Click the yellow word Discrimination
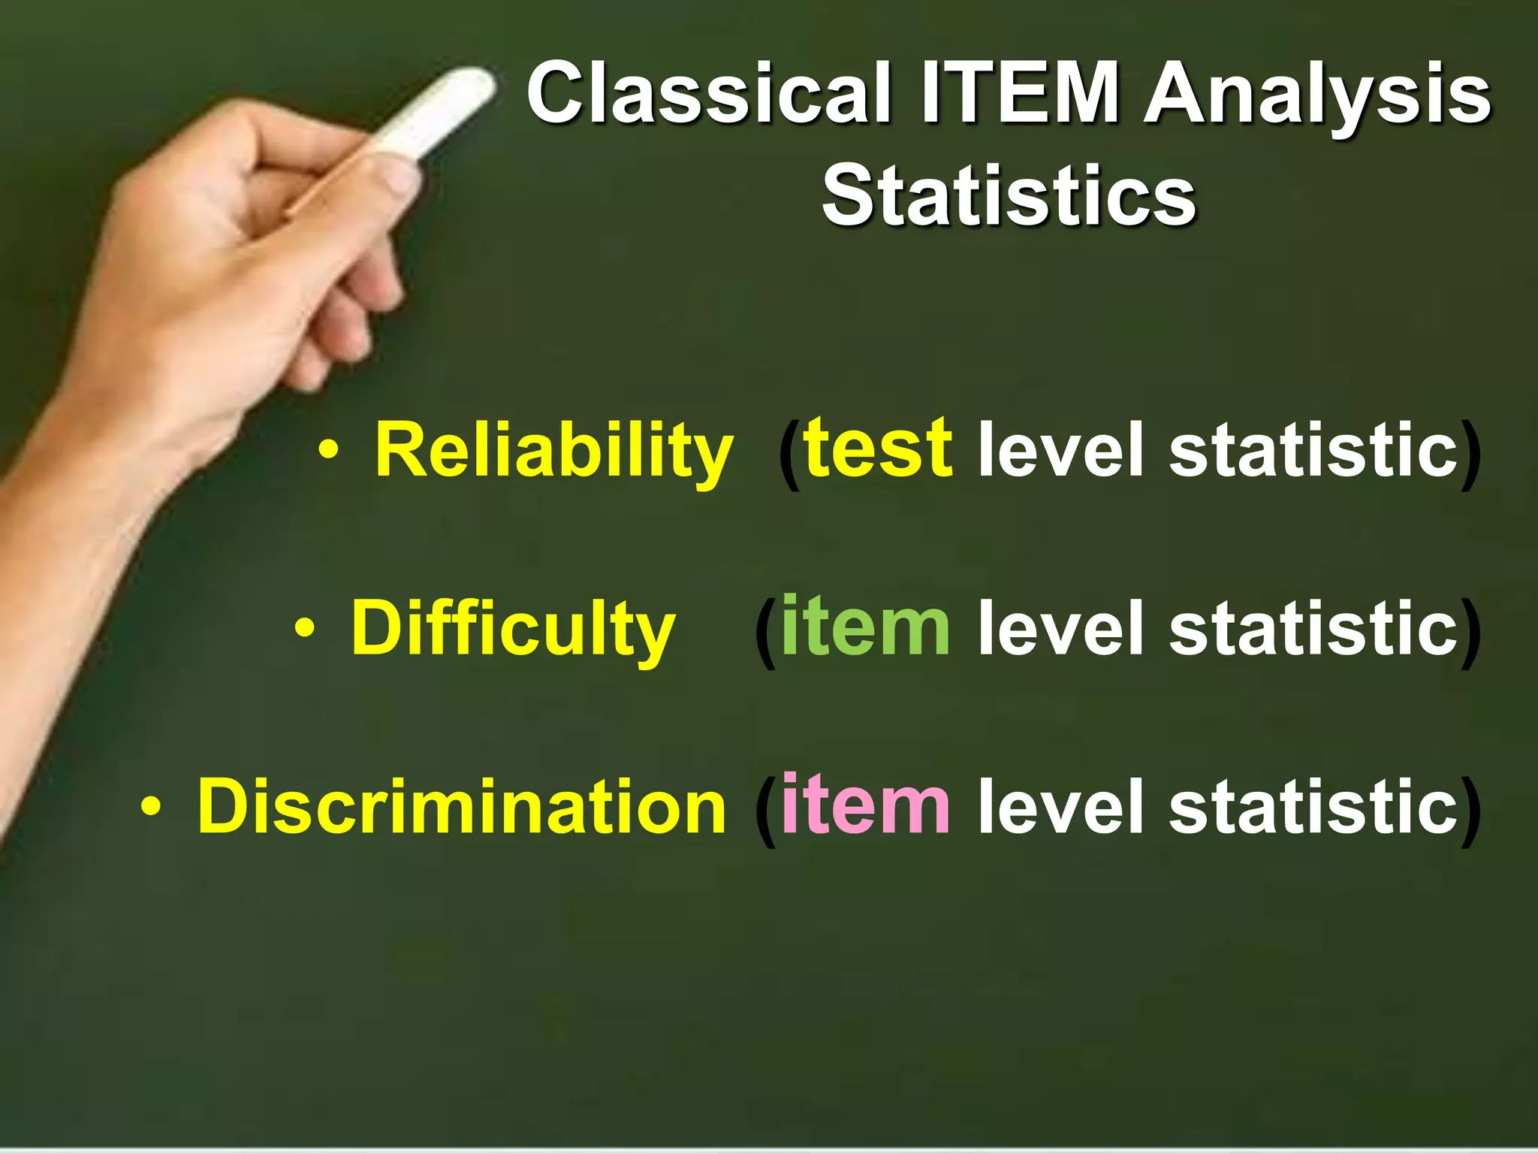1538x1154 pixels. (461, 805)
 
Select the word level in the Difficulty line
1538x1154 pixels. (1060, 627)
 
